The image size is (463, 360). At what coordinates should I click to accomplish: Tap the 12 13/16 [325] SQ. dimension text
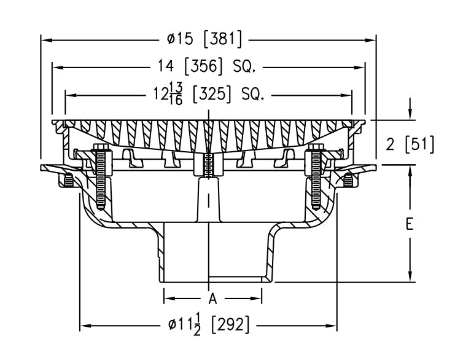[208, 95]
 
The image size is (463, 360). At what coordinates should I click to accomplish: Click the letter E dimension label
[410, 225]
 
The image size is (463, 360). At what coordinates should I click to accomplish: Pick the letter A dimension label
[213, 299]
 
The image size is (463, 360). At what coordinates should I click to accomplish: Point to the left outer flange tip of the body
[43, 168]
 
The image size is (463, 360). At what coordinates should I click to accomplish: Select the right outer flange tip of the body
[373, 166]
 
